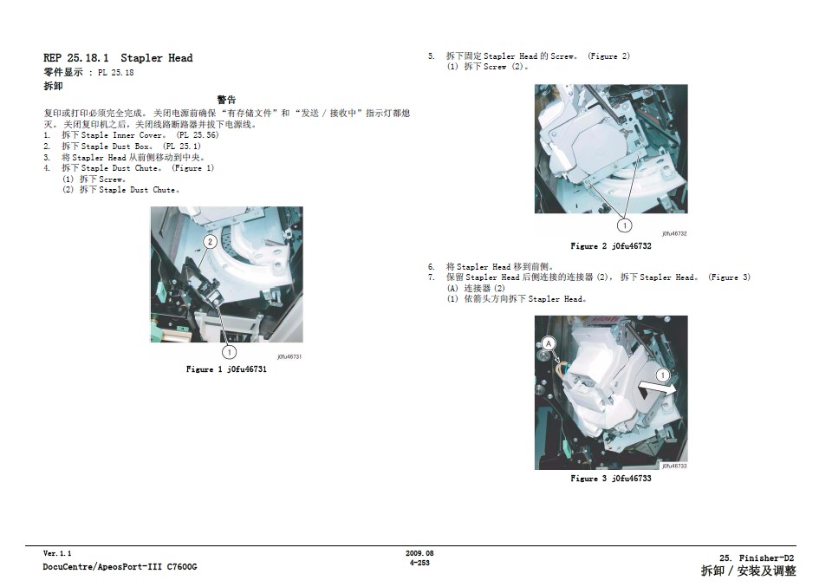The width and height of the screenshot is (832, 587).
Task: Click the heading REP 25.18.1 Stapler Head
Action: [x=118, y=58]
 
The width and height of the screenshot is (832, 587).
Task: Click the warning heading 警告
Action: [x=226, y=100]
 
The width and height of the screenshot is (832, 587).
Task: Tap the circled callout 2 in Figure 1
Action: [x=210, y=242]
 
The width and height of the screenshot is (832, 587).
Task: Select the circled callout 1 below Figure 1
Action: [x=229, y=352]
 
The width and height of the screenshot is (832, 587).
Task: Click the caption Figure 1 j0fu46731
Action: [x=226, y=369]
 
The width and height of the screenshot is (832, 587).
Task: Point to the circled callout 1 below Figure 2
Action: [x=625, y=225]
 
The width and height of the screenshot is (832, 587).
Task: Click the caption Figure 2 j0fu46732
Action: [x=611, y=245]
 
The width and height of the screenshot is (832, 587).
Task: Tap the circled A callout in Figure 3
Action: [x=548, y=343]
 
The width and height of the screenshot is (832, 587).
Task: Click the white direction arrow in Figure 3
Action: [x=657, y=391]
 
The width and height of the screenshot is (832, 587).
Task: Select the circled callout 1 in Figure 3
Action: [x=663, y=375]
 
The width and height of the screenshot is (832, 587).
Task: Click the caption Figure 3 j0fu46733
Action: [x=611, y=479]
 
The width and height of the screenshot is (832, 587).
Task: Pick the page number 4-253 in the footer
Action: [x=419, y=563]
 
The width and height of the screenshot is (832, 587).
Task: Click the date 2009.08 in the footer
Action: [x=419, y=553]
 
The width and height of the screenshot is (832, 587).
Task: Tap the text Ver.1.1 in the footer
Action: [x=57, y=553]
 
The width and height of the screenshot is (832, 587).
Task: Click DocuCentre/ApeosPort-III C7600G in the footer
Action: [x=120, y=567]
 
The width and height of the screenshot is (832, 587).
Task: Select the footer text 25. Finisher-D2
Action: [x=757, y=558]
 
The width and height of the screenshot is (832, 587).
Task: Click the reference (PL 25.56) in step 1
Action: [x=197, y=134]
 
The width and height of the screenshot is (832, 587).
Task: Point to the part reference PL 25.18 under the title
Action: [x=115, y=73]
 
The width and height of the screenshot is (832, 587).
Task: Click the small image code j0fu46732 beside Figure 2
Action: [x=674, y=233]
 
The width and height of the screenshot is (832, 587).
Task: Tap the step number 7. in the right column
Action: [x=432, y=277]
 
